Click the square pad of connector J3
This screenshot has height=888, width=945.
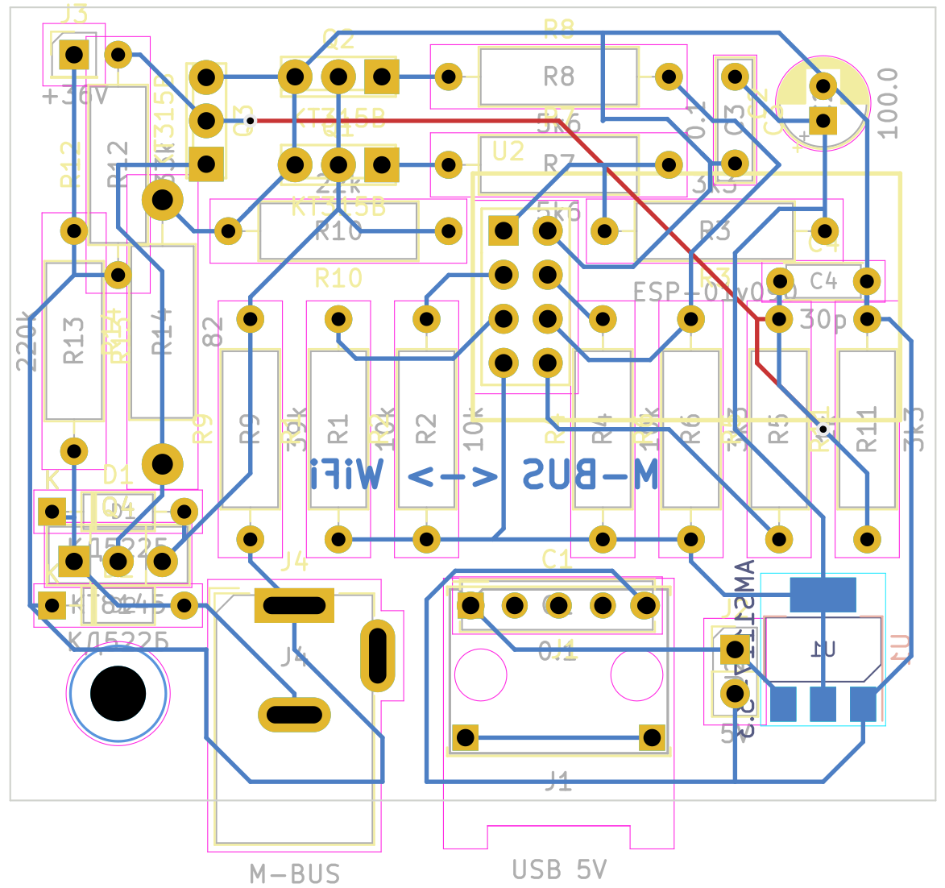coord(74,56)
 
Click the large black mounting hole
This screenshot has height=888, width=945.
coord(118,693)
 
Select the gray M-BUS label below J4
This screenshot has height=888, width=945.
coord(295,873)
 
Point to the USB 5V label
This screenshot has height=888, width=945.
coord(559,869)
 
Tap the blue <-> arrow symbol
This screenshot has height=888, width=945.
coord(453,477)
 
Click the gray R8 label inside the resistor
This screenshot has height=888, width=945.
coord(558,77)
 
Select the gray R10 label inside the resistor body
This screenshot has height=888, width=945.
coord(338,232)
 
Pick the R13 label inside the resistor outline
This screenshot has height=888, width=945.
coord(74,340)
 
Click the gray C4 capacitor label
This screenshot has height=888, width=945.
coord(823,280)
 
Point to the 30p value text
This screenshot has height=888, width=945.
coord(823,320)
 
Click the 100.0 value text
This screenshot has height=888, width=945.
coord(887,103)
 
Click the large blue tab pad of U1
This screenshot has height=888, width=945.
coord(823,594)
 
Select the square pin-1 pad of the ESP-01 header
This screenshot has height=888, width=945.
coord(504,231)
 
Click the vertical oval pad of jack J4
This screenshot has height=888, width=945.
coord(377,656)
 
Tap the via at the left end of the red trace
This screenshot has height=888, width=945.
coord(251,121)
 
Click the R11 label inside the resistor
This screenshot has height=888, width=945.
coord(866,429)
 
